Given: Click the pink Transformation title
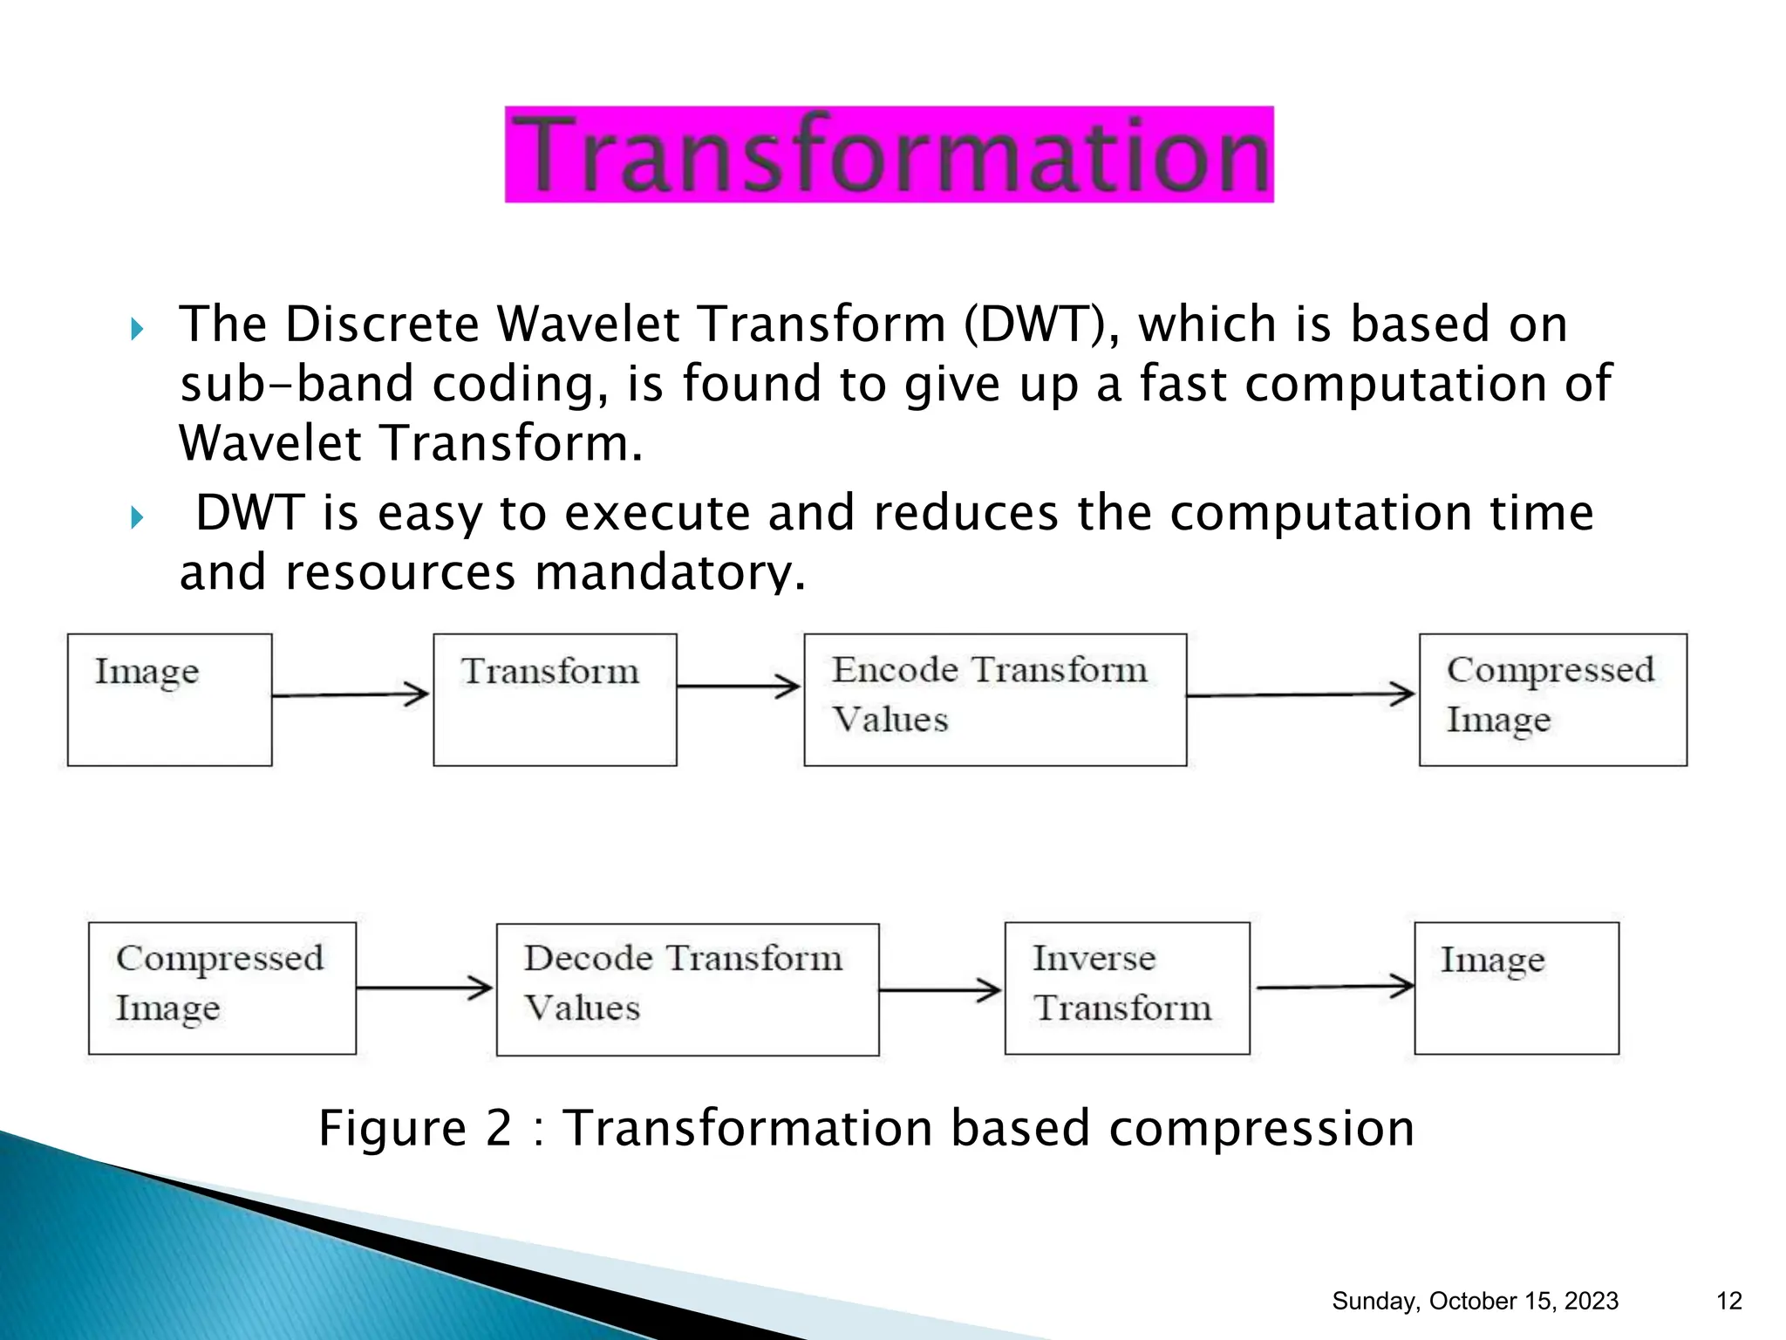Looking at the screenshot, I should [889, 154].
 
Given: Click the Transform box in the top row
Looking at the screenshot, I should [555, 700].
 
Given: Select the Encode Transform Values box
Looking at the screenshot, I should [994, 700].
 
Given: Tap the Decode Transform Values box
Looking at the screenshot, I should [687, 989].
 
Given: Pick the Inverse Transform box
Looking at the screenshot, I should [1127, 988].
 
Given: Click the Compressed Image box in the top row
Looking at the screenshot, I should [1552, 700].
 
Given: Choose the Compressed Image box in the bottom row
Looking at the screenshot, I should [222, 988].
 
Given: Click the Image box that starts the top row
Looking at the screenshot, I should [169, 700].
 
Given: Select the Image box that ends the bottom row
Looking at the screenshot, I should [1516, 988].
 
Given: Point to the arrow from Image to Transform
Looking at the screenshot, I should [351, 695].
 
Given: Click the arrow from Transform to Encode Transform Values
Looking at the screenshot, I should [739, 687].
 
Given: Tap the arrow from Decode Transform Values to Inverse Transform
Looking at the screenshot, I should [940, 990].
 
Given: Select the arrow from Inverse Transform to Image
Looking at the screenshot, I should [1334, 987].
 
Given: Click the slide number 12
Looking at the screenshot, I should [1728, 1301].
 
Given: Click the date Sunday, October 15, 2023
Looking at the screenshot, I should [1475, 1301].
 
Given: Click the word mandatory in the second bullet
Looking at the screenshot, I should [669, 572].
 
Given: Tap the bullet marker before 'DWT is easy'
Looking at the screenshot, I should [137, 518].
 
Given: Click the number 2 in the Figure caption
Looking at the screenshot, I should [498, 1128].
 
